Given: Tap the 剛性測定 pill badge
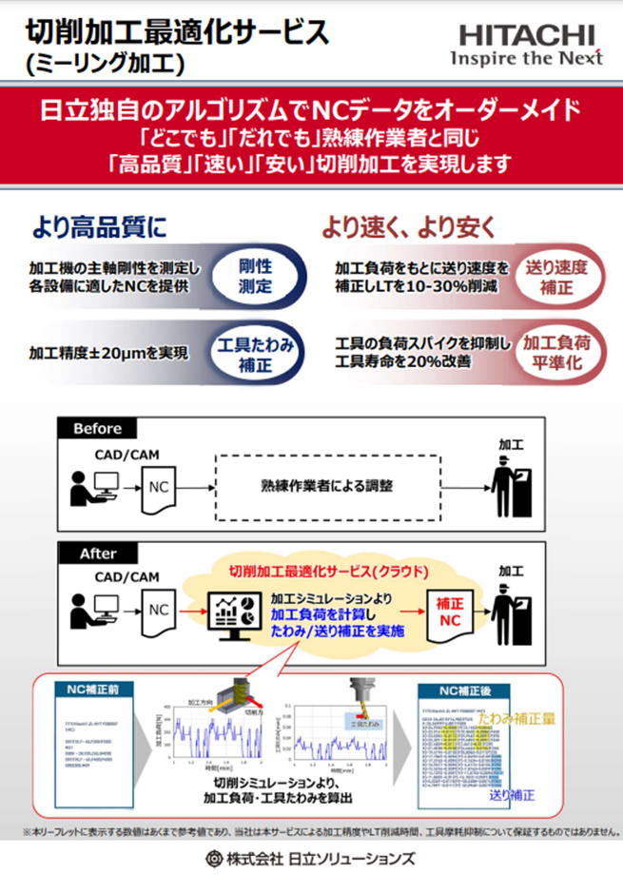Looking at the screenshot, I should [x=254, y=274].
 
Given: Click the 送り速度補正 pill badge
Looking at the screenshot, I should [x=556, y=275].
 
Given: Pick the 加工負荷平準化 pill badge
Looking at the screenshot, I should [x=556, y=354].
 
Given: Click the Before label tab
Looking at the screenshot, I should [x=96, y=429].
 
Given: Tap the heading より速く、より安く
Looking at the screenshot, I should [x=406, y=227].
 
